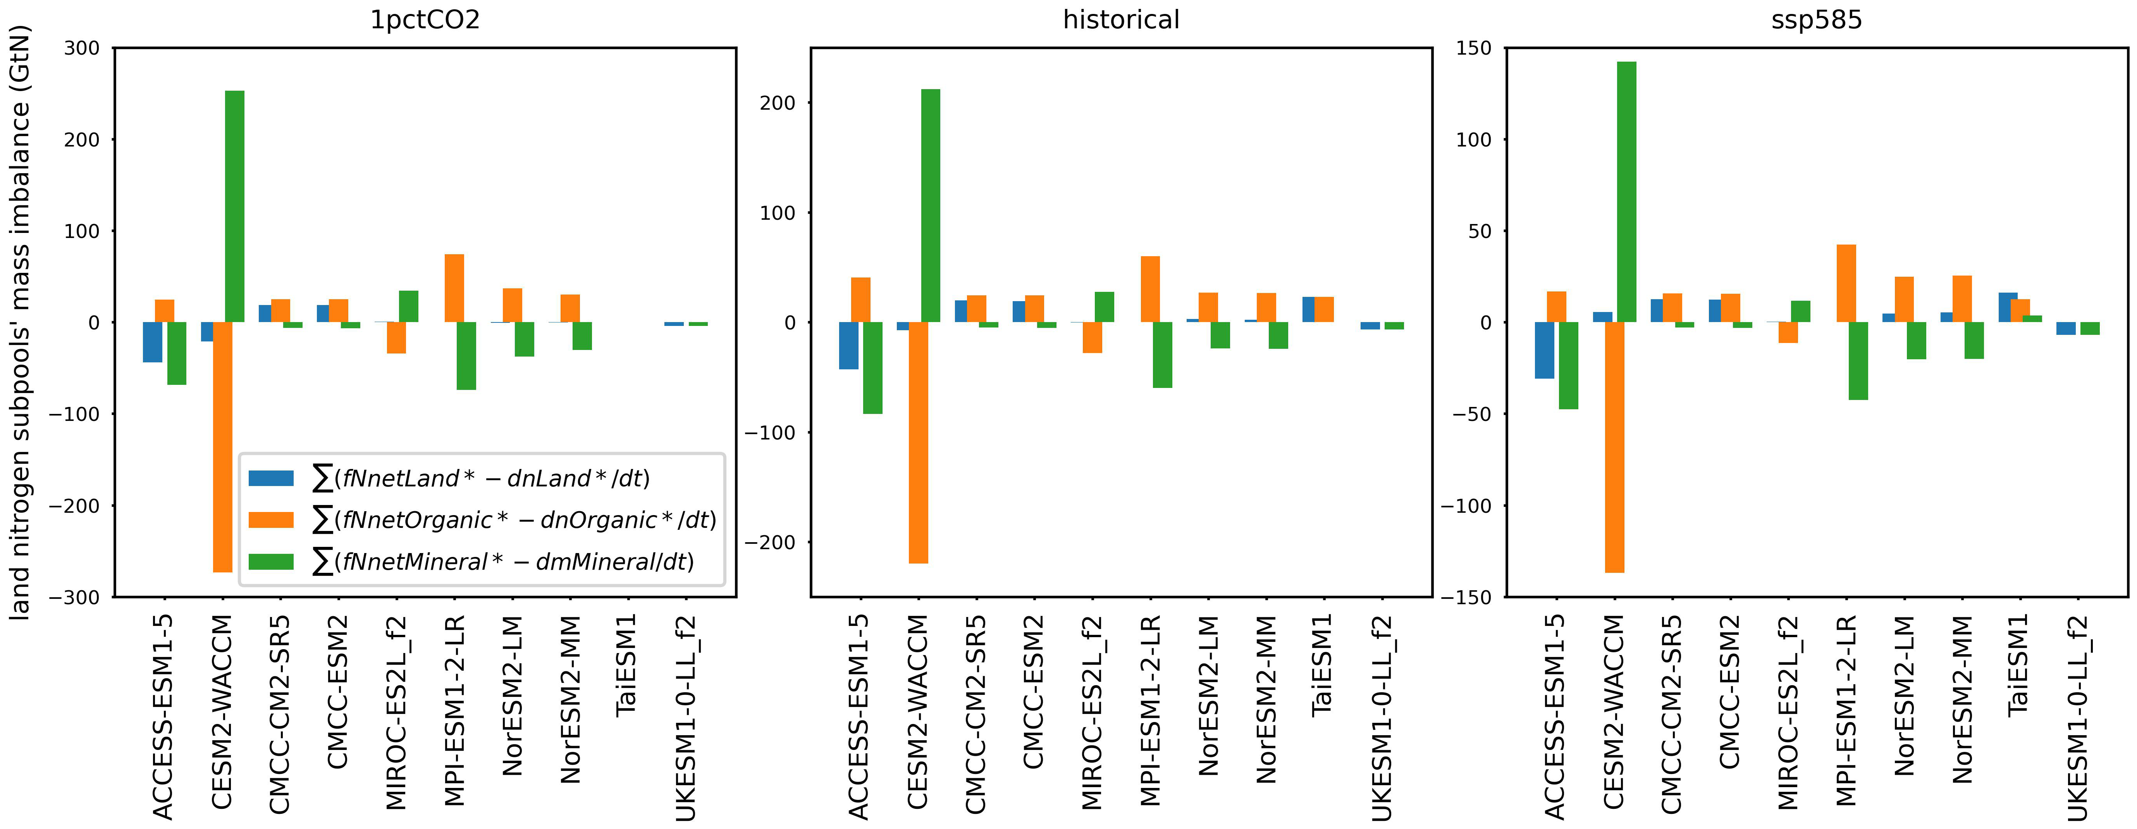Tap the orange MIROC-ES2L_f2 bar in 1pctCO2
point(396,338)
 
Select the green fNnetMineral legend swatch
point(271,562)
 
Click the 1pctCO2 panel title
point(425,20)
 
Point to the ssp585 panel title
point(1816,20)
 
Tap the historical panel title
point(1121,20)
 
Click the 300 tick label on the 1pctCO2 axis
point(81,48)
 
